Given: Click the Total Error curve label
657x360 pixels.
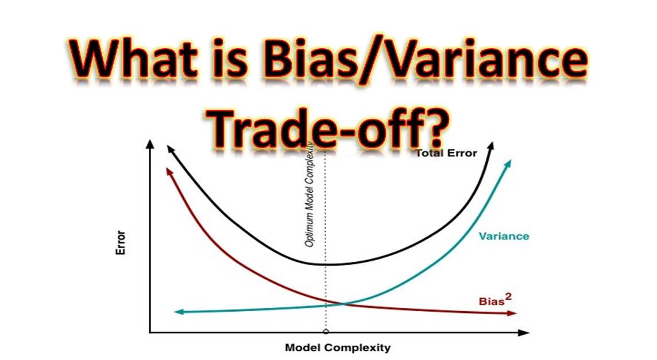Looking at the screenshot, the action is pos(447,153).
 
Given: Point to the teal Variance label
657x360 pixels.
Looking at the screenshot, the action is pos(504,237).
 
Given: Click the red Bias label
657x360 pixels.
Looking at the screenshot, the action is pos(491,301).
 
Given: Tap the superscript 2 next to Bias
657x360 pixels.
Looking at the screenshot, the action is pos(508,296).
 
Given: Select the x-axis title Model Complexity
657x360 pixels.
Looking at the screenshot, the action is pos(338,347).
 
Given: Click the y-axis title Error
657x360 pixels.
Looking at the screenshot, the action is pos(121,242).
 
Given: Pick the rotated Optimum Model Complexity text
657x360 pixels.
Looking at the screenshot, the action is pos(310,195).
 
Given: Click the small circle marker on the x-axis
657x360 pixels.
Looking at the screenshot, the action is pos(326,332).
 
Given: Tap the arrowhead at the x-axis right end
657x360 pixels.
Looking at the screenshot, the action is pos(524,333).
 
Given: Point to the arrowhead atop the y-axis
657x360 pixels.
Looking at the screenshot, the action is pos(149,144).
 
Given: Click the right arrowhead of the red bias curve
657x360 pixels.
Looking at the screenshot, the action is pos(512,313).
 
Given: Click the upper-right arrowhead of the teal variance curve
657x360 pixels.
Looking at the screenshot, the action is pos(508,164).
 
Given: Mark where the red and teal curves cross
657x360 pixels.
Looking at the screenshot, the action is pos(342,303).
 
